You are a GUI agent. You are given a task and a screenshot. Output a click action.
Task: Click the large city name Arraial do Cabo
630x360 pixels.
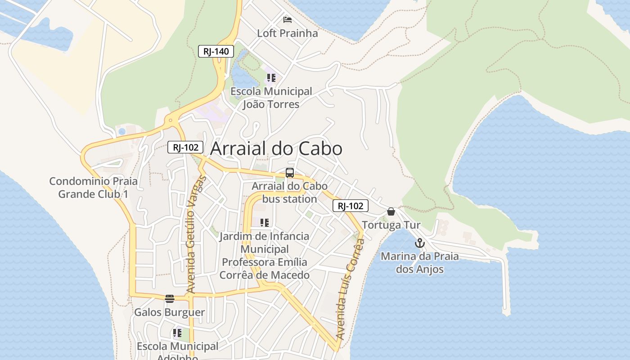pos(276,148)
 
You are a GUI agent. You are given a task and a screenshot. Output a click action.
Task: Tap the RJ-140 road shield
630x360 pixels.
pos(216,51)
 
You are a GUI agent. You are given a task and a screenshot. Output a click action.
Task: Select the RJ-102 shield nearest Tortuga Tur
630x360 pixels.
pos(351,206)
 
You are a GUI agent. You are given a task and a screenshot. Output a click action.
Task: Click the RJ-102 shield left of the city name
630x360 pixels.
pos(185,147)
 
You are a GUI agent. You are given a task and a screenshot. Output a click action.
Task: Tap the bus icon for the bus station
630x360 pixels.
pos(290,173)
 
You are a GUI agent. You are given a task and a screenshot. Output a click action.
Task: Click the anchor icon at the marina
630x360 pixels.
pos(419,243)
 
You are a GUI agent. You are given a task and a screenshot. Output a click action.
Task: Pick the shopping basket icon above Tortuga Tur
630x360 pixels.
pos(391,211)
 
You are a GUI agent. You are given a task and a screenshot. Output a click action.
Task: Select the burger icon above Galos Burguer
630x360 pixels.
pos(170,299)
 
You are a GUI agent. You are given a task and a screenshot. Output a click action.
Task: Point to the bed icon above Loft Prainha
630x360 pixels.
pos(287,20)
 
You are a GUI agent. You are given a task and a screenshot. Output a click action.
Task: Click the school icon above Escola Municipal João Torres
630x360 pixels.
pos(271,78)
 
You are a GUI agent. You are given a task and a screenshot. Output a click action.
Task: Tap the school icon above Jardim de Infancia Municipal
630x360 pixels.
pos(265,223)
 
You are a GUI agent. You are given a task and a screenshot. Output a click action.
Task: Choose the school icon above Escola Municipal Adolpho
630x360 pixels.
pos(177,333)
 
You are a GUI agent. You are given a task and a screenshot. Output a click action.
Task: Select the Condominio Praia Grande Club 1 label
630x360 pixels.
pos(94,188)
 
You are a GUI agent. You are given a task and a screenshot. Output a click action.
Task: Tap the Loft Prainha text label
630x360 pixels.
pos(287,33)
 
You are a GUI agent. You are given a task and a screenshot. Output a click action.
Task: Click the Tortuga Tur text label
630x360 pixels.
pos(391,225)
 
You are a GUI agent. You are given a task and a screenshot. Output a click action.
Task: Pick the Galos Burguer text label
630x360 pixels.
pos(170,312)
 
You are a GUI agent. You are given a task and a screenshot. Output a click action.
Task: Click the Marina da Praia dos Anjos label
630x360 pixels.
pos(419,263)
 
